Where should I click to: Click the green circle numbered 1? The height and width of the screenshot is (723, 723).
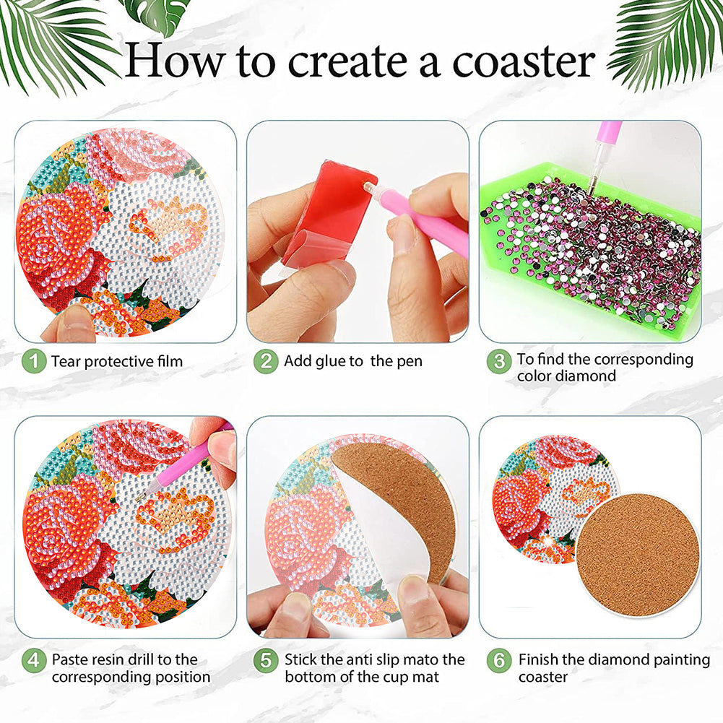pos(34,361)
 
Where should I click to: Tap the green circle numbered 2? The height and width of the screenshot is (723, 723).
pos(266,361)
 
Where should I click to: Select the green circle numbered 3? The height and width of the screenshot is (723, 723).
pos(499,361)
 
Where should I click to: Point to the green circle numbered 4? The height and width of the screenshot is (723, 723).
pos(34,661)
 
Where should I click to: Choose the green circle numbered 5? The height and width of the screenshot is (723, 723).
pos(266,661)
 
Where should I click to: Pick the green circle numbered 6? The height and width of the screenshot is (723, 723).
pos(499,661)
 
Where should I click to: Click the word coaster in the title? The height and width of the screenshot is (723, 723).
pos(524,62)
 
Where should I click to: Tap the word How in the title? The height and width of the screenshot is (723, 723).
pos(176,60)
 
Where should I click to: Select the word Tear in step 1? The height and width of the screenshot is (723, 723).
pos(66,361)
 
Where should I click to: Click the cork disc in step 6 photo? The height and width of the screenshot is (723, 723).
pos(638,555)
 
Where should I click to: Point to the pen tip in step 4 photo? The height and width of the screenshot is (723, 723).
pos(139,500)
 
